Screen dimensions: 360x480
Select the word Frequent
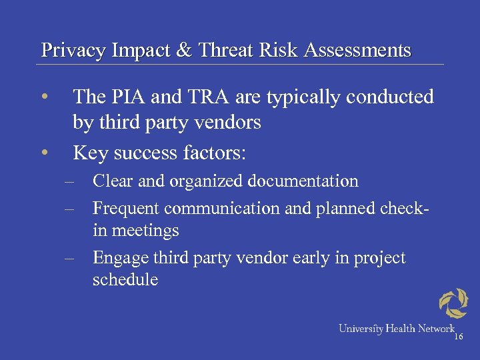pos(125,209)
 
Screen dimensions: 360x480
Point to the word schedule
pos(125,279)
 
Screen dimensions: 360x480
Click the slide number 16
pos(458,338)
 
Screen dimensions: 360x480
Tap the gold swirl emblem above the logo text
pos(453,304)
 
